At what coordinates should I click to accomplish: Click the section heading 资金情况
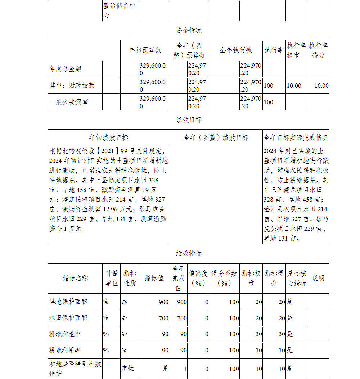(189, 31)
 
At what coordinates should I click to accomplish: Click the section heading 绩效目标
(189, 120)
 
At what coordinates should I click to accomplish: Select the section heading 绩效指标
(189, 254)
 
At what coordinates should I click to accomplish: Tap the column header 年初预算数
(145, 50)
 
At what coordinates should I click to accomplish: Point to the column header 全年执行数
(236, 50)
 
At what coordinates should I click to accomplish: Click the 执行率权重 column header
(296, 50)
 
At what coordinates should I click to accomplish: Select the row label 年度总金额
(65, 69)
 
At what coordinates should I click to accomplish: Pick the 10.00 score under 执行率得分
(321, 86)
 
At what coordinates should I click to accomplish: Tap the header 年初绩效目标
(108, 138)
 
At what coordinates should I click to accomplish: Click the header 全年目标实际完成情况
(296, 138)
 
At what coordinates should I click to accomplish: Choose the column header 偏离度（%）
(198, 278)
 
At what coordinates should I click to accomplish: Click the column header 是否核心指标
(296, 278)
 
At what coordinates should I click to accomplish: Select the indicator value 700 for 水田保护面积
(163, 318)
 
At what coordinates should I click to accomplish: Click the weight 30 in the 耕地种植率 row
(258, 334)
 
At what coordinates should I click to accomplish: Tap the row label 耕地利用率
(65, 350)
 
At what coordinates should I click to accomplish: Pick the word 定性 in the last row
(127, 369)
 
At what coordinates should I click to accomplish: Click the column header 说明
(318, 278)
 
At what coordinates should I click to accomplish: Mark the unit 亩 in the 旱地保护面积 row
(106, 302)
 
